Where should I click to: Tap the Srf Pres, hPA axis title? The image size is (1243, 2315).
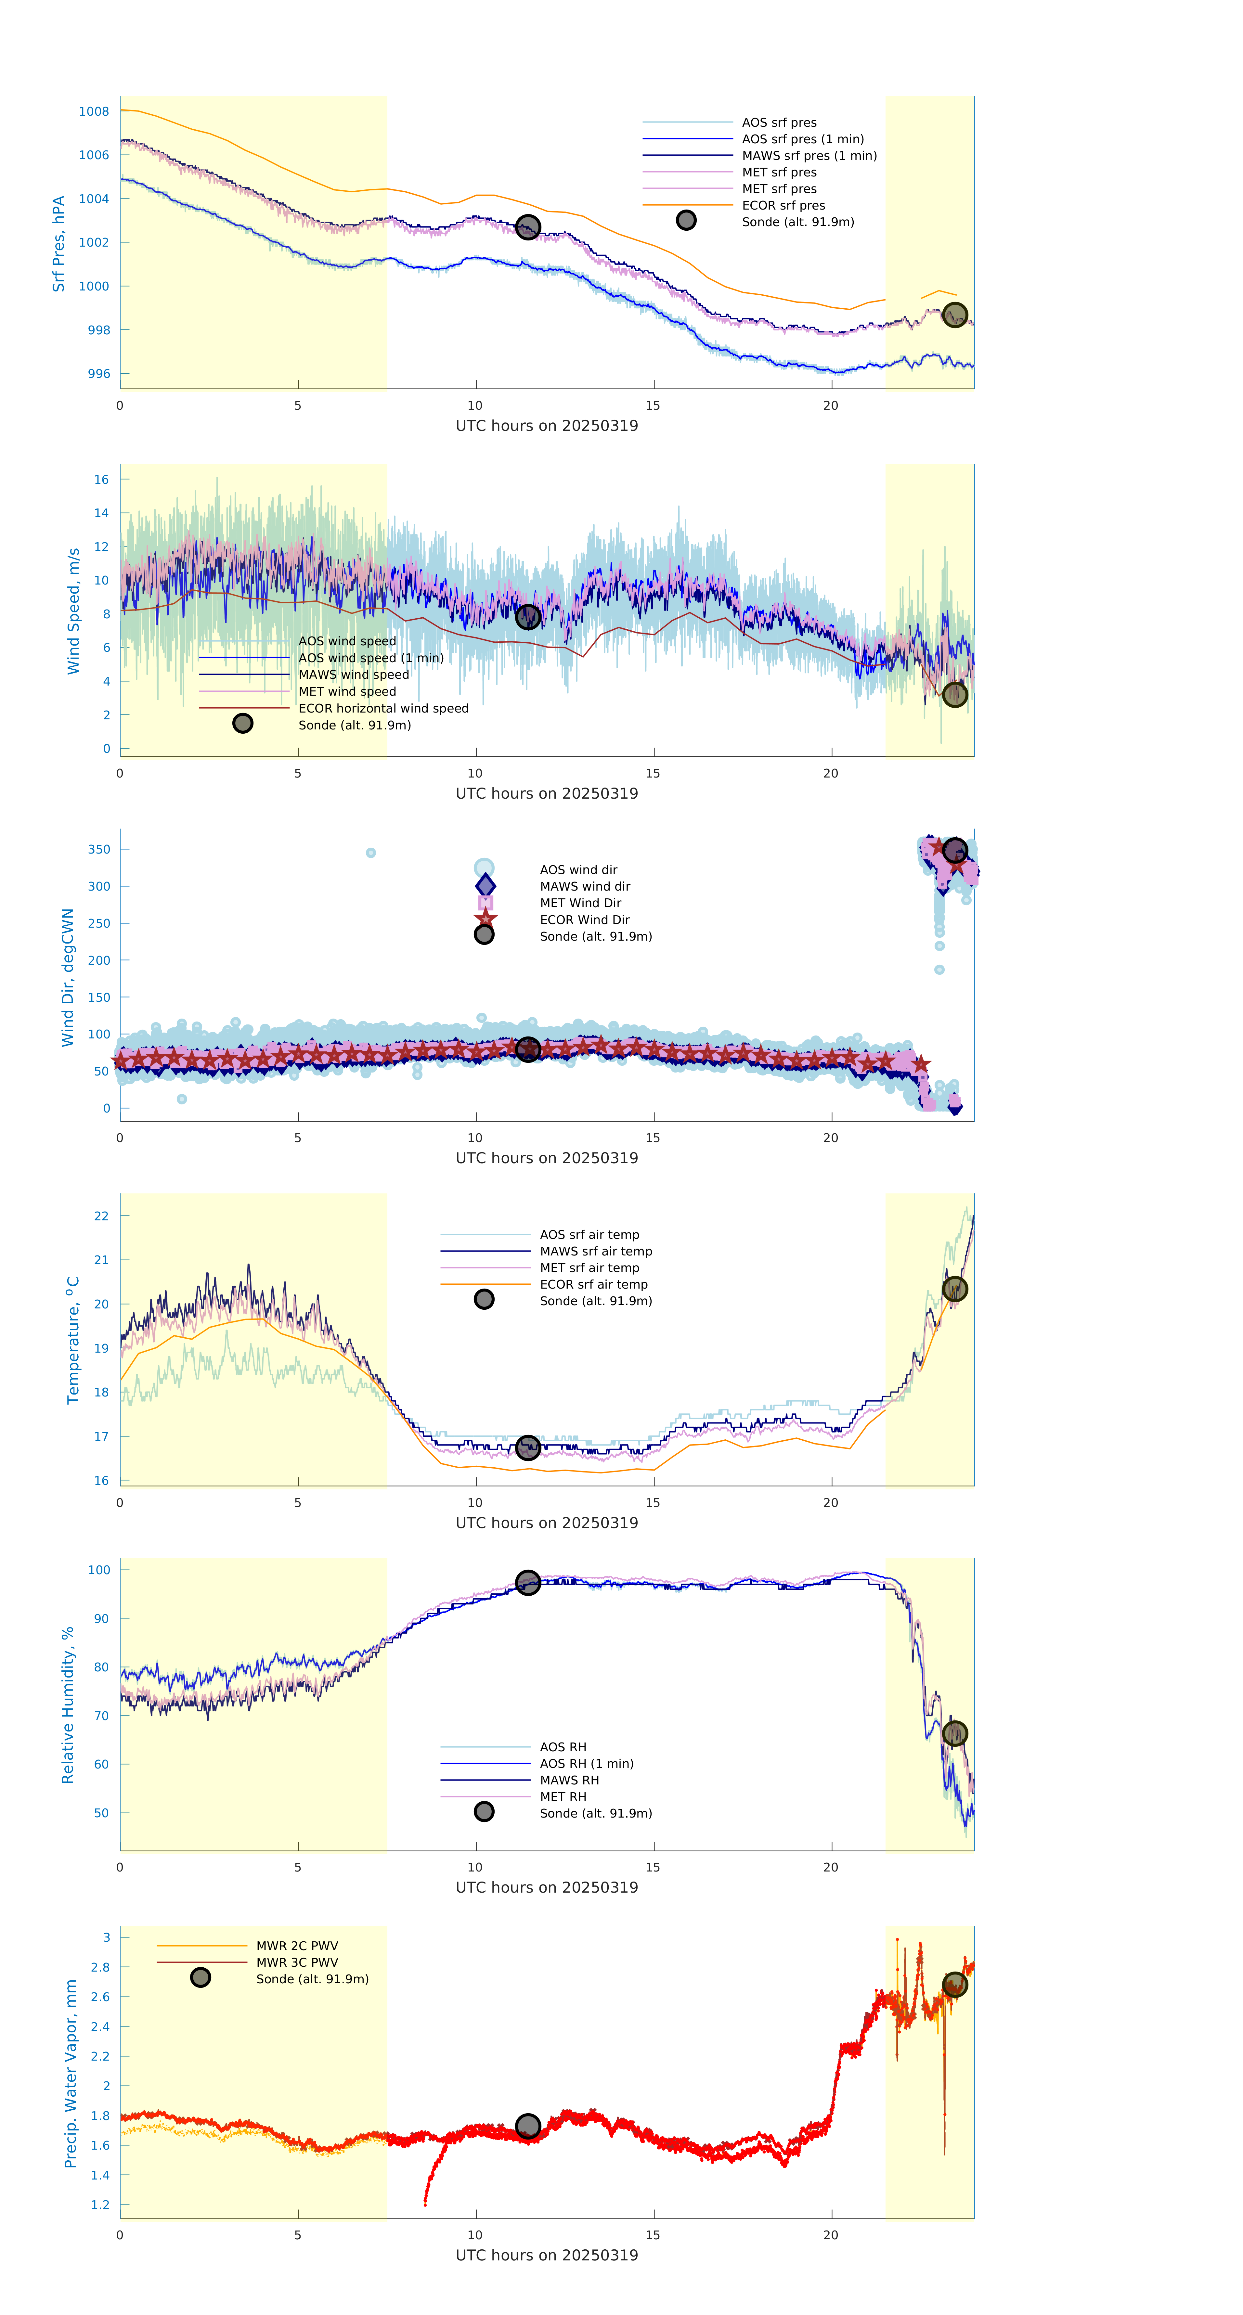click(x=58, y=244)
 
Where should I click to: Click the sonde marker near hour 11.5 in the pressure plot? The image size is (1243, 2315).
click(x=527, y=226)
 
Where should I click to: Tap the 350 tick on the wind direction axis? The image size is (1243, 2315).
click(x=99, y=849)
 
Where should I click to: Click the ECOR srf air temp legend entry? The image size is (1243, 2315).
click(x=593, y=1284)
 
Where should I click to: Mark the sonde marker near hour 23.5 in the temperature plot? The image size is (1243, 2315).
click(x=954, y=1289)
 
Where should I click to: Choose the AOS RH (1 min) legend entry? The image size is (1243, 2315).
click(x=586, y=1763)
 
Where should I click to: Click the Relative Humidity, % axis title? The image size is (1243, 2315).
click(x=67, y=1705)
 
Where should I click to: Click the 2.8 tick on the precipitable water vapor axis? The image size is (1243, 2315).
click(x=100, y=1967)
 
